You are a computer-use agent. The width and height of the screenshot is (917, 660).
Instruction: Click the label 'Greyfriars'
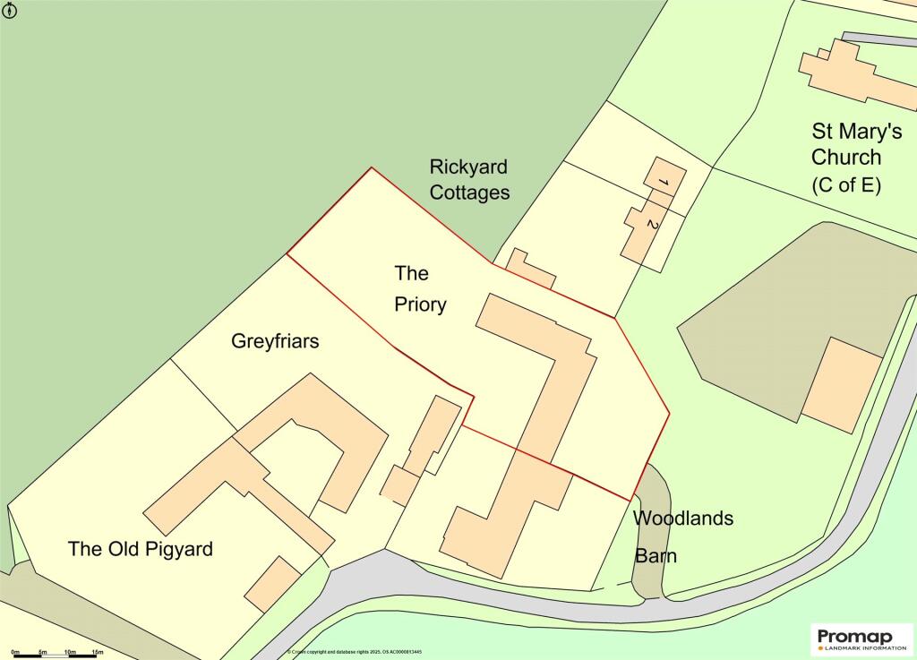coord(275,341)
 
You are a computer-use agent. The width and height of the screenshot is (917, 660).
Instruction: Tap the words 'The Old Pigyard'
coord(141,548)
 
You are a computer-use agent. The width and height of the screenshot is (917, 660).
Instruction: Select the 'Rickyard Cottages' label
coord(469,179)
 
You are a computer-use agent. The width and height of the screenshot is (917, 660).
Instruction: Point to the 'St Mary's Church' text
coord(857,144)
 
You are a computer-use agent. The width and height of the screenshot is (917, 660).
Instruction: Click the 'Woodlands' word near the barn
coord(683,518)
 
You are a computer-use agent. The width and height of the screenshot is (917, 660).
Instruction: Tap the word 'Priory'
coord(420,304)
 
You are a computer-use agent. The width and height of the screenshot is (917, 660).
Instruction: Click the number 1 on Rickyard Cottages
coord(664,183)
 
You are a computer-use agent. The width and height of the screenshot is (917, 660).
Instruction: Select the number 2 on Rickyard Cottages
coord(652,226)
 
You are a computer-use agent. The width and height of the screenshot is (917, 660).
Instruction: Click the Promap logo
coord(861,638)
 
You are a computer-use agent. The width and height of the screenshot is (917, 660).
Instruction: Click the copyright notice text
coord(355,652)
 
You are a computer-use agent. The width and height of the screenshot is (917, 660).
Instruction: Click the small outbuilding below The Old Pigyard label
coord(273,583)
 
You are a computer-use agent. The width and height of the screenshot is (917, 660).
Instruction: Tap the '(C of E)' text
coord(846,186)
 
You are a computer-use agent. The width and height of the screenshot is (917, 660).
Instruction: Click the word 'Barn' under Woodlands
coord(656,556)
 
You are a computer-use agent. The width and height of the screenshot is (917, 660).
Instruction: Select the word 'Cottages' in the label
coord(469,192)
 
